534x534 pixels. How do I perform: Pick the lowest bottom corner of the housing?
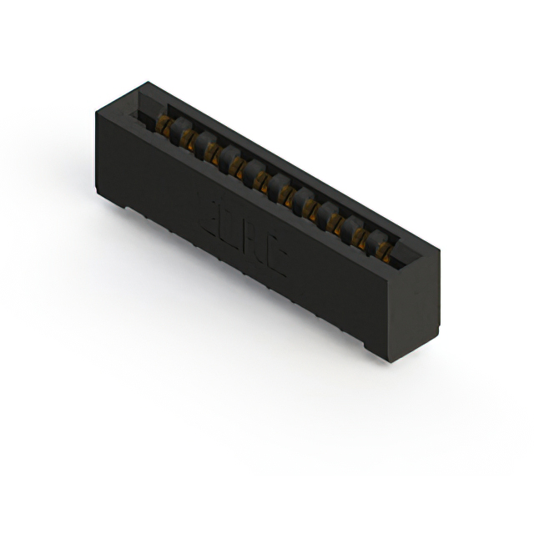389,361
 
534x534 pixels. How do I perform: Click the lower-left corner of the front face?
98,191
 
